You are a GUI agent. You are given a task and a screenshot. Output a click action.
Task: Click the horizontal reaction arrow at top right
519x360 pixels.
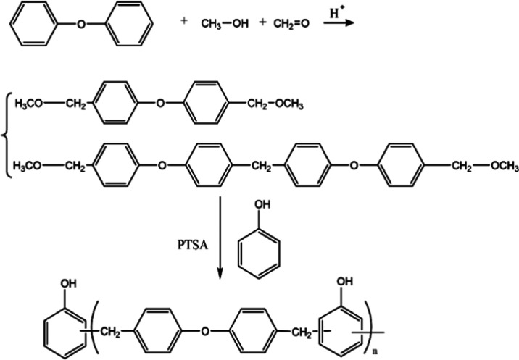338,24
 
